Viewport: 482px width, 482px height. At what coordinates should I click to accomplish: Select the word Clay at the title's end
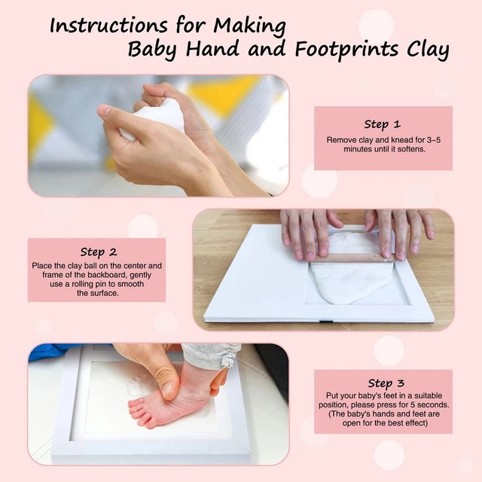pyautogui.click(x=426, y=51)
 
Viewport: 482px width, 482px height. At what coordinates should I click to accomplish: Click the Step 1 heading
pyautogui.click(x=382, y=124)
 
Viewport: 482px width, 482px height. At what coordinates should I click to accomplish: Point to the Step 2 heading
pyautogui.click(x=98, y=252)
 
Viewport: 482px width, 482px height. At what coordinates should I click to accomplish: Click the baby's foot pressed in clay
pyautogui.click(x=169, y=401)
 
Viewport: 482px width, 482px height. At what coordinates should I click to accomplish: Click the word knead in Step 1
pyautogui.click(x=403, y=140)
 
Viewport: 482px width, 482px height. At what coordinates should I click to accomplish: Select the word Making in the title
pyautogui.click(x=251, y=25)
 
